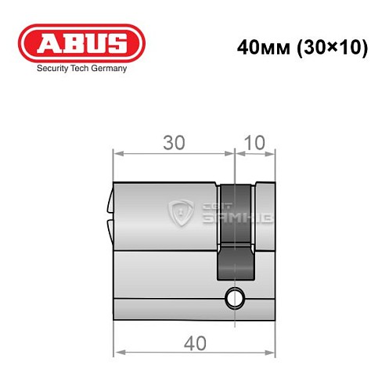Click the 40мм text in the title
[x=261, y=46]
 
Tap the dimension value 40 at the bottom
[x=195, y=342]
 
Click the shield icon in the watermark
[x=182, y=211]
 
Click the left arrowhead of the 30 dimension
[x=117, y=153]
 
